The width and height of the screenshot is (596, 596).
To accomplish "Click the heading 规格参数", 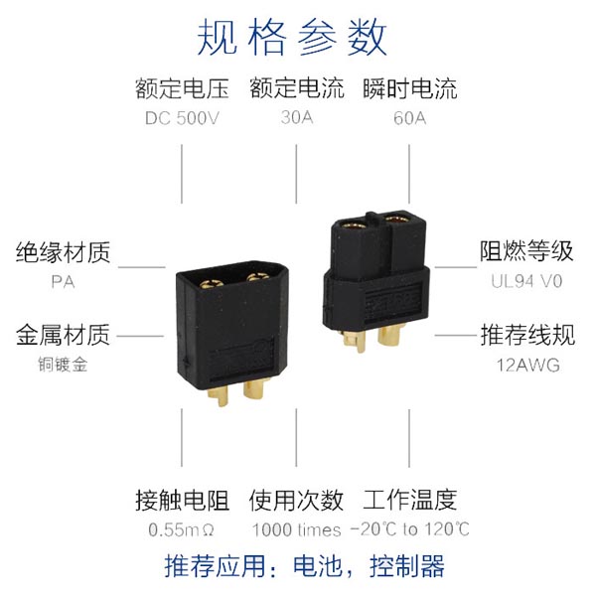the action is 292,38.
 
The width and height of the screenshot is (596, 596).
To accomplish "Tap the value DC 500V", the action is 182,118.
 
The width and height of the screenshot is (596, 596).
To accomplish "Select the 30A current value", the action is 297,117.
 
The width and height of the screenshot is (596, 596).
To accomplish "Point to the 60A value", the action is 409,118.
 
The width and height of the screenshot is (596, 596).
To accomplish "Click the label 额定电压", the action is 183,88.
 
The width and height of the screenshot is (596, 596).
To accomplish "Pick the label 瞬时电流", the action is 409,88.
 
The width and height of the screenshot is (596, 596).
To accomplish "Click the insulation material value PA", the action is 64,282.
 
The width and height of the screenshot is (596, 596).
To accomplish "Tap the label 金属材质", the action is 64,335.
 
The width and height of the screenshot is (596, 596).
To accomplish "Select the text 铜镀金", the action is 64,365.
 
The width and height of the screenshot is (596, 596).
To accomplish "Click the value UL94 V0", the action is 526,281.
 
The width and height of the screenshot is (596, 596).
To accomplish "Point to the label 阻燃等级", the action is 526,251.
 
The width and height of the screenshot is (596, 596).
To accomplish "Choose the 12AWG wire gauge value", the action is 528,366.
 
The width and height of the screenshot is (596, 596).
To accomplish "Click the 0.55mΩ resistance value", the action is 182,529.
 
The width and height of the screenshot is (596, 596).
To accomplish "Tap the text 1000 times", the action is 296,529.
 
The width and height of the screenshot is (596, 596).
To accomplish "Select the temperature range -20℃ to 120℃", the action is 409,529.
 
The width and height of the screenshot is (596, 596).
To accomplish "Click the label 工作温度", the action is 409,500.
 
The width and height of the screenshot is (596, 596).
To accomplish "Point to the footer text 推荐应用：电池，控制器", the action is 305,566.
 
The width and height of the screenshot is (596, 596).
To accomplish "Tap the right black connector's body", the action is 376,280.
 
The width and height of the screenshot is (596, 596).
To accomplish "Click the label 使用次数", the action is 296,500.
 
